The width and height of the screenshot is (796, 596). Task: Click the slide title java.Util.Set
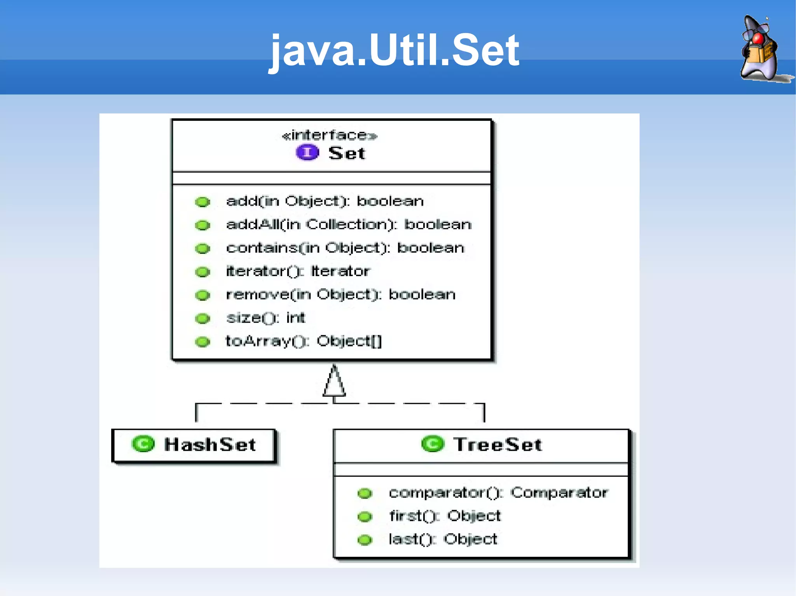pyautogui.click(x=394, y=50)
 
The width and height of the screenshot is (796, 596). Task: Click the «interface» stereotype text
pyautogui.click(x=330, y=136)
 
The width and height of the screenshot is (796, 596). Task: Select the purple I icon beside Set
pyautogui.click(x=307, y=153)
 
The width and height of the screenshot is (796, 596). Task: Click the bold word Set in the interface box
pyautogui.click(x=347, y=153)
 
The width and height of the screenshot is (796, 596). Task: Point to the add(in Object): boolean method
pyautogui.click(x=325, y=202)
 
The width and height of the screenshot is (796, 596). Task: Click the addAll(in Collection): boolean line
pyautogui.click(x=349, y=225)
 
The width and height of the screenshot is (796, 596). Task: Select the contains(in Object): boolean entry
pyautogui.click(x=345, y=248)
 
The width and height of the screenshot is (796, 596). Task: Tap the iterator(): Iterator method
pyautogui.click(x=298, y=271)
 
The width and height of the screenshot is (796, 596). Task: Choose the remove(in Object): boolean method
pyautogui.click(x=340, y=295)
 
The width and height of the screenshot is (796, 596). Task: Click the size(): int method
pyautogui.click(x=266, y=318)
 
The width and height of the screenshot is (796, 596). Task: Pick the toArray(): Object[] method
pyautogui.click(x=304, y=341)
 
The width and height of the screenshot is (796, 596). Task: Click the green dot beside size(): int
pyautogui.click(x=202, y=319)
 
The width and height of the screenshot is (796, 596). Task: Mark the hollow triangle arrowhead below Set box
pyautogui.click(x=334, y=382)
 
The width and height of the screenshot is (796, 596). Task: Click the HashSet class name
pyautogui.click(x=210, y=445)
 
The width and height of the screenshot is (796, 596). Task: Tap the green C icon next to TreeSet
pyautogui.click(x=432, y=444)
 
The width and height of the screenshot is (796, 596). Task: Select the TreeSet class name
pyautogui.click(x=497, y=445)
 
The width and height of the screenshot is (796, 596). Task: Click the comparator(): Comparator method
pyautogui.click(x=498, y=493)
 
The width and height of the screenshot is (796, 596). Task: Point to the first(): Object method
pyautogui.click(x=445, y=516)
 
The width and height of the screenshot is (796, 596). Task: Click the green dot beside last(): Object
pyautogui.click(x=365, y=540)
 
